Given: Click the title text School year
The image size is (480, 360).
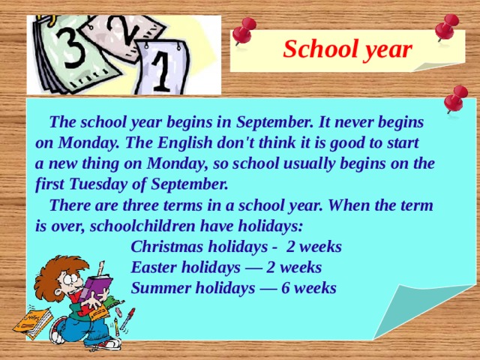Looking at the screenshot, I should tap(347, 49).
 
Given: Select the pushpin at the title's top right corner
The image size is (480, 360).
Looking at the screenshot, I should tap(447, 28).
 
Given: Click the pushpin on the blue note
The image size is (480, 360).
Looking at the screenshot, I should tap(455, 99).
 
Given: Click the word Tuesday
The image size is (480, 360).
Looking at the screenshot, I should tap(101, 183).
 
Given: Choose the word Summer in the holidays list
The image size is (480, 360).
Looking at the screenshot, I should tap(160, 288).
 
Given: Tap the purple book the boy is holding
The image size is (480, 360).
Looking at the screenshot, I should tap(97, 289).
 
